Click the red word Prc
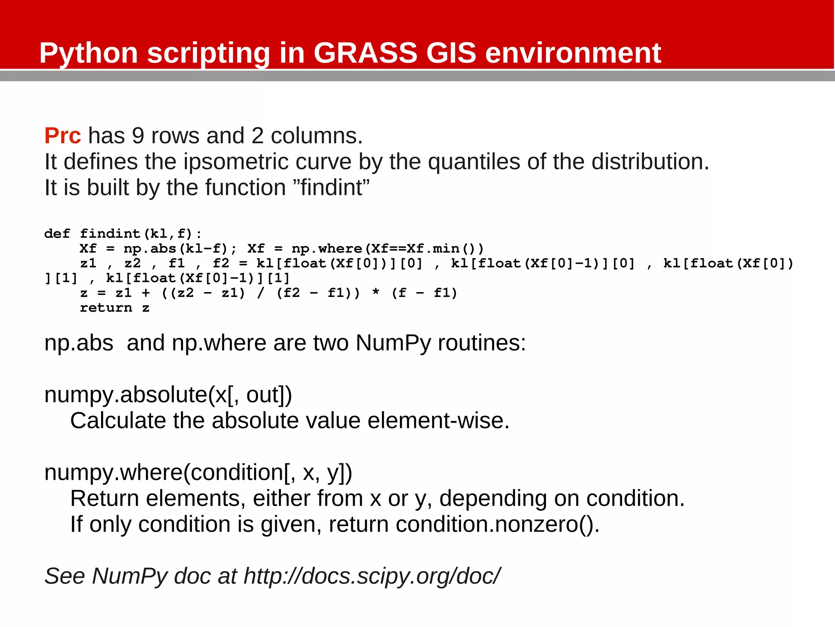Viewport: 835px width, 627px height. (x=62, y=136)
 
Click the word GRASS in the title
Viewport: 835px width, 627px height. (x=365, y=53)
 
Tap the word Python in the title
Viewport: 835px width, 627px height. (x=88, y=53)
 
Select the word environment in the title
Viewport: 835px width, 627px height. (x=572, y=53)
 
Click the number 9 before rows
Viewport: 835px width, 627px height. (x=138, y=136)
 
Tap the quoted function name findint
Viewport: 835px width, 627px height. (x=331, y=188)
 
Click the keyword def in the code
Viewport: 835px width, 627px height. (x=57, y=234)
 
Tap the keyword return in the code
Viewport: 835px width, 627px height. (x=106, y=308)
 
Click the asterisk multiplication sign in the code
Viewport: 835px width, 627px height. (x=376, y=293)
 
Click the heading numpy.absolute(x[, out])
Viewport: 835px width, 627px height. (x=168, y=395)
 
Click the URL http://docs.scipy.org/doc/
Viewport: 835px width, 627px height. (x=371, y=576)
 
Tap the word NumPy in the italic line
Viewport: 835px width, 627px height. (x=130, y=576)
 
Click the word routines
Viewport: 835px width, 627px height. (x=482, y=343)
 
